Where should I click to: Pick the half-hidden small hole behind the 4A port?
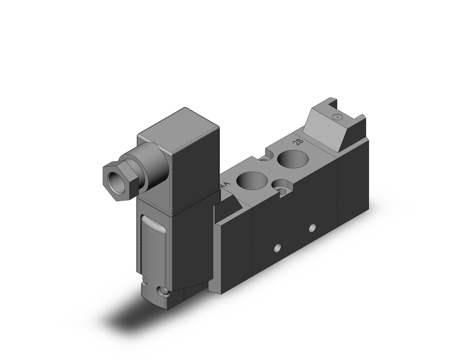[265, 160]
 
